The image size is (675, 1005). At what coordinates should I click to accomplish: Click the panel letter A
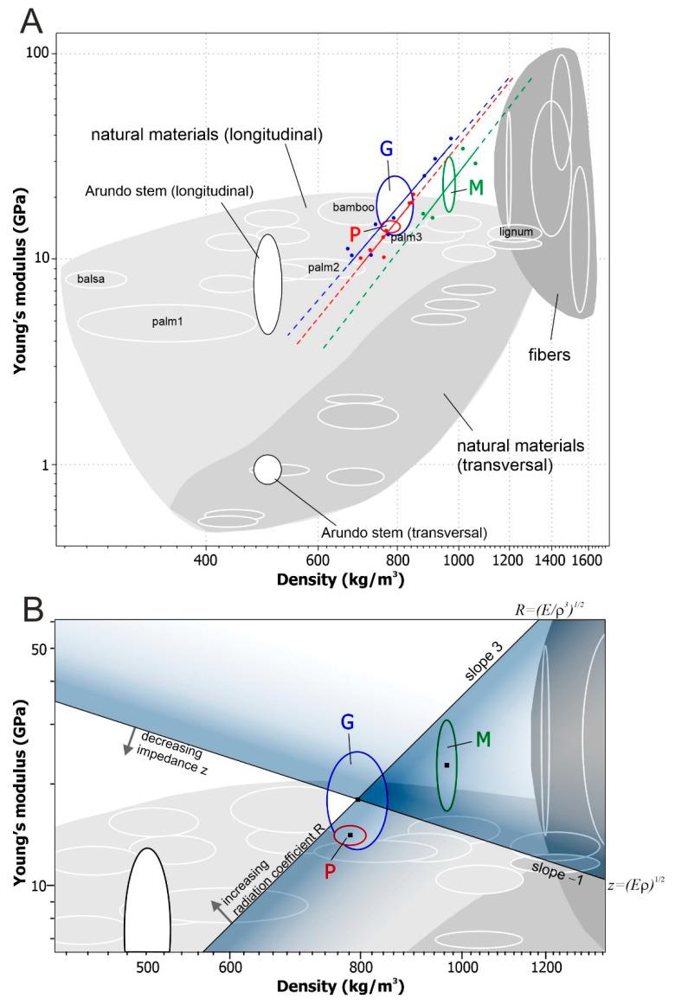[x=32, y=20]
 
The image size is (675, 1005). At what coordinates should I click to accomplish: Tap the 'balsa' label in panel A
[x=91, y=279]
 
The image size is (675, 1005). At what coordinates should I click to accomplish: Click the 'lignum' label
[x=516, y=233]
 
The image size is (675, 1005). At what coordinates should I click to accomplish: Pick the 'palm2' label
[x=323, y=268]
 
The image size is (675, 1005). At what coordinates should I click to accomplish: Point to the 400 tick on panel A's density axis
[x=206, y=560]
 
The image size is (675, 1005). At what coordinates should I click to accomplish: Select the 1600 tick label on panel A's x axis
[x=588, y=560]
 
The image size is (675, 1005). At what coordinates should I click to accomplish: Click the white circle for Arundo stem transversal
[x=267, y=469]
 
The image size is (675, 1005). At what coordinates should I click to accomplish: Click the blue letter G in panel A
[x=386, y=149]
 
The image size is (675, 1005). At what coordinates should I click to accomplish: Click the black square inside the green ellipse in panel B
[x=447, y=765]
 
